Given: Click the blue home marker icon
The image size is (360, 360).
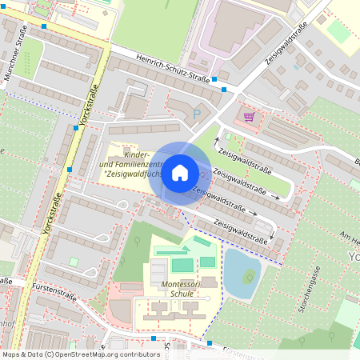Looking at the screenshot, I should coord(180,172).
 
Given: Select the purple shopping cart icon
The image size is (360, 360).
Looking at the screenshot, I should coord(249,116).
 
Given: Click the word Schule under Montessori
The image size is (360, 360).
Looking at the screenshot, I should coord(182,294).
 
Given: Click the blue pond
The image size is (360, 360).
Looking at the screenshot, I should coord(242,272).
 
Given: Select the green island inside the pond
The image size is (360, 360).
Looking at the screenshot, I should coord(250,278).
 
